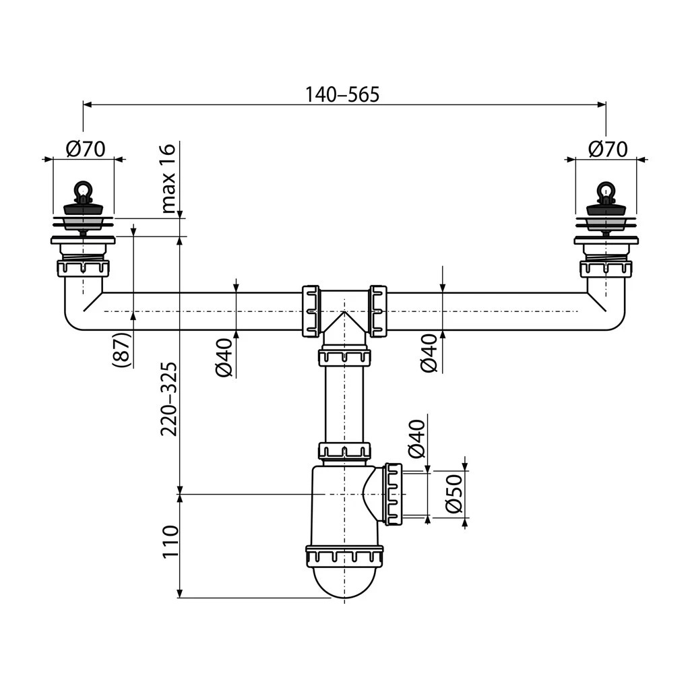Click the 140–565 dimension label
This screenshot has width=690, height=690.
pyautogui.click(x=342, y=94)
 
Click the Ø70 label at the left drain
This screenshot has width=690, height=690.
pyautogui.click(x=86, y=148)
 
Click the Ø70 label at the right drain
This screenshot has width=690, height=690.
pyautogui.click(x=607, y=148)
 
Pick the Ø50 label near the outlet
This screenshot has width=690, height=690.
pyautogui.click(x=453, y=493)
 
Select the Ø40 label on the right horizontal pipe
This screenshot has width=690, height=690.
pyautogui.click(x=429, y=354)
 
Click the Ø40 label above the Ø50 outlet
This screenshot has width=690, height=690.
pyautogui.click(x=416, y=438)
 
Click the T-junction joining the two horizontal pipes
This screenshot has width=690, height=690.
pyautogui.click(x=344, y=310)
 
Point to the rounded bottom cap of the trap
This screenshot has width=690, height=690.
pyautogui.click(x=344, y=581)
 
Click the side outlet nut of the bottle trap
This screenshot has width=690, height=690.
pyautogui.click(x=393, y=493)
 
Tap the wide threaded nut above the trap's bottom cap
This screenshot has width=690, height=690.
pyautogui.click(x=344, y=556)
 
